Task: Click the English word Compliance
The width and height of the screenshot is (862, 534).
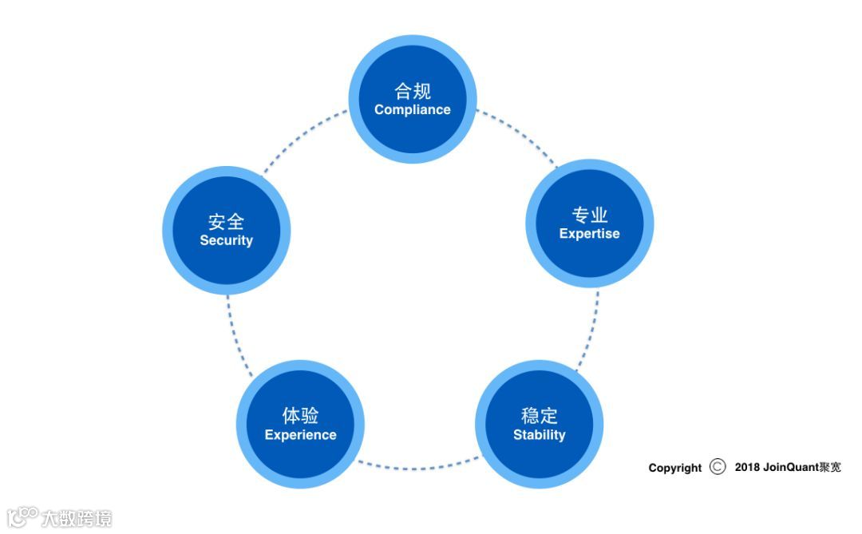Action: [x=413, y=110]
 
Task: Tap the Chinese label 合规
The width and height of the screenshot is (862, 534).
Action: [x=413, y=90]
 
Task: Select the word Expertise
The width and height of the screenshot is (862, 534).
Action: [x=589, y=234]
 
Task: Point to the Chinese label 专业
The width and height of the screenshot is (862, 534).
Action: [x=590, y=215]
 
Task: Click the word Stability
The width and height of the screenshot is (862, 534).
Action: [x=539, y=435]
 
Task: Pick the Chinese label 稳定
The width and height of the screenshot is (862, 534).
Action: [x=540, y=415]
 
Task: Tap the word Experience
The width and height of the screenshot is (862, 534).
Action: [x=300, y=435]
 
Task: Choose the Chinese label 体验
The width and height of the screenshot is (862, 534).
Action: [x=300, y=415]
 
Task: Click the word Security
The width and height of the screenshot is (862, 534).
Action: [x=226, y=240]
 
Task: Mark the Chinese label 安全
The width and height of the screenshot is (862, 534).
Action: [x=226, y=221]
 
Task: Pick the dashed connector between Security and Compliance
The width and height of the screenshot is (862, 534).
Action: [x=305, y=136]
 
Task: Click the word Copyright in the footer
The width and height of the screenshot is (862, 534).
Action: [x=675, y=468]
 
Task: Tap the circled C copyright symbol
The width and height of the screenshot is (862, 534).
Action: [x=718, y=467]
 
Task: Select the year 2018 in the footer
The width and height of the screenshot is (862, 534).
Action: [x=747, y=467]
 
